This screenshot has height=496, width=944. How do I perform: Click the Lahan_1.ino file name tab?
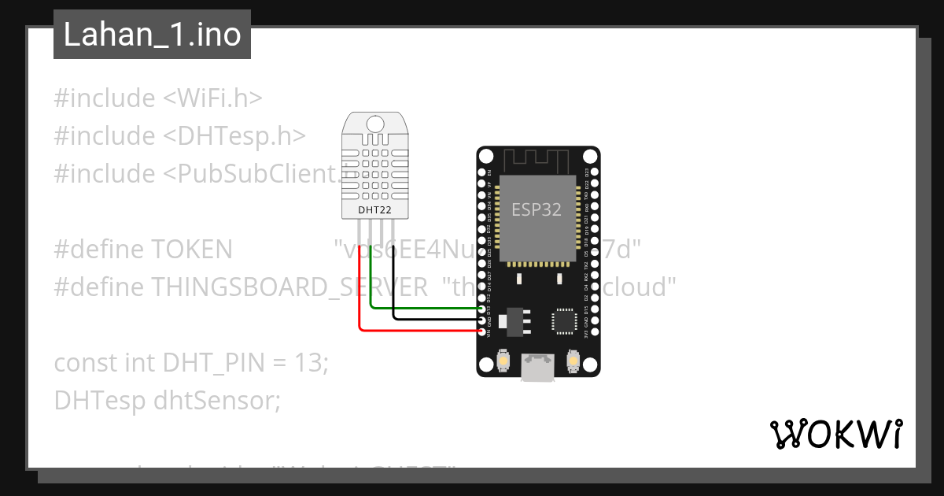pyautogui.click(x=152, y=35)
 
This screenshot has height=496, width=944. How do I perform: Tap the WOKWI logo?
pyautogui.click(x=835, y=434)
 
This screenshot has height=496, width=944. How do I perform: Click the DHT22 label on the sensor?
pyautogui.click(x=375, y=210)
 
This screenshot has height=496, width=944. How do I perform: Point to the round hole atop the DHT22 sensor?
pyautogui.click(x=375, y=123)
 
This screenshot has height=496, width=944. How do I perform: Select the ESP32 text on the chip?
pyautogui.click(x=537, y=209)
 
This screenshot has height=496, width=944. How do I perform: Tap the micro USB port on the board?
pyautogui.click(x=538, y=366)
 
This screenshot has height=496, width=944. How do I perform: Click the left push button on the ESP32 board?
pyautogui.click(x=503, y=361)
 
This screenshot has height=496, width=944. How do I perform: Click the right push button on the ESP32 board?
pyautogui.click(x=573, y=361)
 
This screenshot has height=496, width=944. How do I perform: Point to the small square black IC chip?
pyautogui.click(x=564, y=320)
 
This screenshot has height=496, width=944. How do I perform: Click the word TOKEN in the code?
pyautogui.click(x=191, y=250)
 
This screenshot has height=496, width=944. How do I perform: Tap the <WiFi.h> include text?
pyautogui.click(x=212, y=98)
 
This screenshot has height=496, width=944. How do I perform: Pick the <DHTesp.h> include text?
pyautogui.click(x=234, y=136)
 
